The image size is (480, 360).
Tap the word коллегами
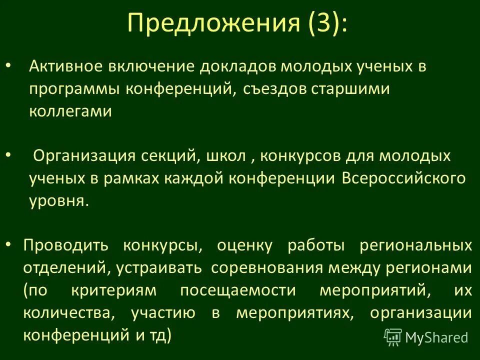tap(70, 111)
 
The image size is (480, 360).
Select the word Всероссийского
tap(404, 178)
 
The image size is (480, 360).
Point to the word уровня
tap(59, 201)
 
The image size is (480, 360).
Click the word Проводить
tap(65, 245)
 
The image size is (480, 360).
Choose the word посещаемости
tap(237, 290)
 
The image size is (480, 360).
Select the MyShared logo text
tap(436, 337)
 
